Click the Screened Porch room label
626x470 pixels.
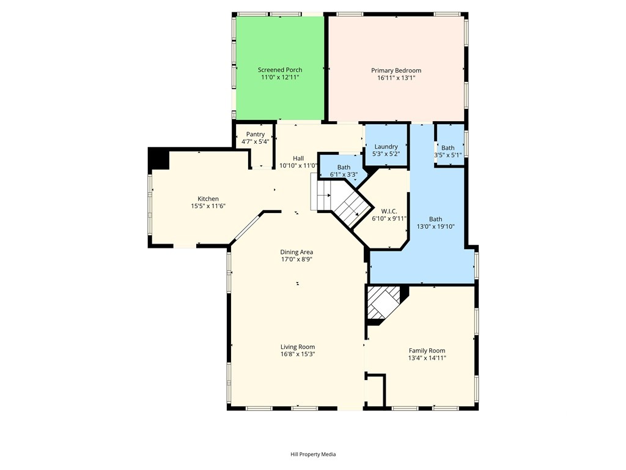[280, 70]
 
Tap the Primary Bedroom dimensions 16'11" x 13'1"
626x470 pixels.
[396, 78]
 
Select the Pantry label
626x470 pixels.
[255, 134]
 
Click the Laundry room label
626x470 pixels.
[386, 147]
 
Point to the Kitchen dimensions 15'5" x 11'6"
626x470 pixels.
[208, 206]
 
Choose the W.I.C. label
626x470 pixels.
[389, 211]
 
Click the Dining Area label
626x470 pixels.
[296, 252]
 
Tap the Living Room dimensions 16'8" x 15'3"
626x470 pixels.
[298, 354]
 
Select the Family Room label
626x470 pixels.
[427, 351]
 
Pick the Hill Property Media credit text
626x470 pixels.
[313, 455]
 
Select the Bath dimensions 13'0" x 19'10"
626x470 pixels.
[435, 226]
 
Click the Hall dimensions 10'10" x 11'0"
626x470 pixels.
[298, 165]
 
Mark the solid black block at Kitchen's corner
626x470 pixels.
[159, 159]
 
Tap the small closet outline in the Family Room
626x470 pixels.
[376, 390]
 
